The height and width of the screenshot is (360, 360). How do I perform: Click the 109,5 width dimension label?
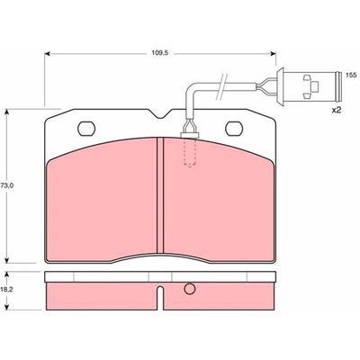159,53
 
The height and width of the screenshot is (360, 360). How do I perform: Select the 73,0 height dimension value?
6,185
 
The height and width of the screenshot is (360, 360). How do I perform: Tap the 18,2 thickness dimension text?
6,291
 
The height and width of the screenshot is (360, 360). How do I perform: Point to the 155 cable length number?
351,75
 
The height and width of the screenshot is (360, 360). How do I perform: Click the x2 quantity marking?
337,110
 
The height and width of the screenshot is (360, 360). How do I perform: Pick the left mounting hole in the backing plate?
86,128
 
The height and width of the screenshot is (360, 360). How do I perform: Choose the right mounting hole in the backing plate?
234,128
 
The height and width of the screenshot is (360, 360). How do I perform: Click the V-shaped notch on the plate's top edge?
160,114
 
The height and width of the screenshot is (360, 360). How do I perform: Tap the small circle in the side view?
190,289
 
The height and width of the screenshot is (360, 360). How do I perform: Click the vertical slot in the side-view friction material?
160,298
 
